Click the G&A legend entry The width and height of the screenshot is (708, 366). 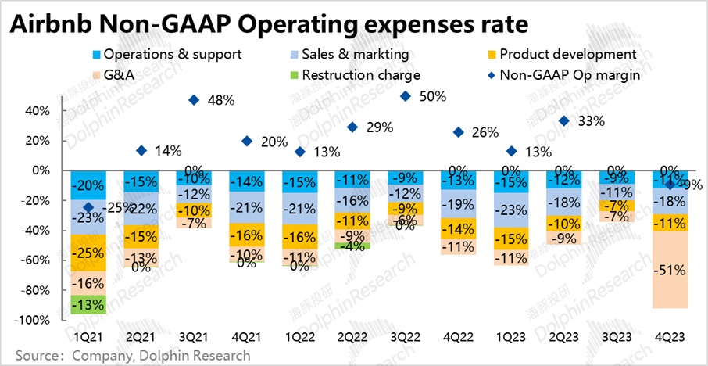[x=114, y=75]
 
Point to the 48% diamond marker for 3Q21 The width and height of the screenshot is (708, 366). [x=194, y=100]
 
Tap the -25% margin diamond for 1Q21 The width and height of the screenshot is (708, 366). [x=88, y=207]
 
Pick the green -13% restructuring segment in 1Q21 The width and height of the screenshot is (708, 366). [x=88, y=304]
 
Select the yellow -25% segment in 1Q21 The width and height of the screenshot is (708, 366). [x=88, y=253]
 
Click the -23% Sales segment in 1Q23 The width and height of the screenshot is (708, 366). [x=511, y=210]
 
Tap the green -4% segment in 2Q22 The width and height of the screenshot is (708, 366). [x=352, y=246]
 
